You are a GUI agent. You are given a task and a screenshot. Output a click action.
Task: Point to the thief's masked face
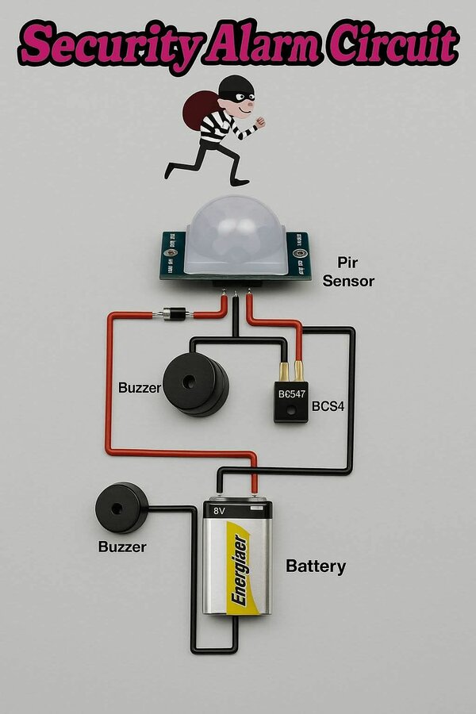(x=240, y=100)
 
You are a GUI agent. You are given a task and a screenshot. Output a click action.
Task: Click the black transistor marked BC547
(x=291, y=401)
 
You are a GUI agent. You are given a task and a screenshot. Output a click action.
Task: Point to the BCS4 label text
(x=328, y=406)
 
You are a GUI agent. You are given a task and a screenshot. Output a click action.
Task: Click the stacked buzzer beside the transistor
(x=194, y=384)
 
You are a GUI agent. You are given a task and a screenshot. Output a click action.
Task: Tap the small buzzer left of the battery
(x=121, y=509)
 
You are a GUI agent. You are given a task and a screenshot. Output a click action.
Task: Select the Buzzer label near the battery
(x=122, y=547)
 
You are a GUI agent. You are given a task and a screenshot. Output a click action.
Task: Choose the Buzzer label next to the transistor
(x=139, y=389)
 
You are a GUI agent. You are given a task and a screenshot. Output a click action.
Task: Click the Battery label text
(x=316, y=566)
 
